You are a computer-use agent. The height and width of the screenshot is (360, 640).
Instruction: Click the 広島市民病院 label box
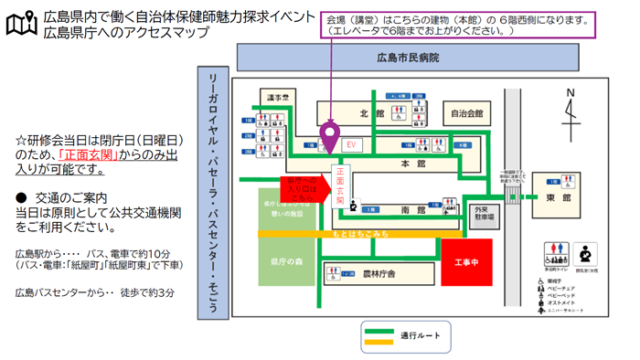[408, 58]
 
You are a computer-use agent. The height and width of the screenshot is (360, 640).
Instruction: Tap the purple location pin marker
[332, 138]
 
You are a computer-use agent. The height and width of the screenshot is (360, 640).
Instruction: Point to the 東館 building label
[560, 197]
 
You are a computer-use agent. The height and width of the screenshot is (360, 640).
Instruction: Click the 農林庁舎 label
[378, 273]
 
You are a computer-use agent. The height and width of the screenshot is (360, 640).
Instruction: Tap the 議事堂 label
[279, 96]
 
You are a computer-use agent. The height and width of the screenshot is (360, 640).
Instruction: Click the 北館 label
[370, 114]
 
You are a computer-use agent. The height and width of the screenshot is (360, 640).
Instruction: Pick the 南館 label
[413, 210]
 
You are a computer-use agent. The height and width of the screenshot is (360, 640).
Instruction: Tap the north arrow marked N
[572, 110]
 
